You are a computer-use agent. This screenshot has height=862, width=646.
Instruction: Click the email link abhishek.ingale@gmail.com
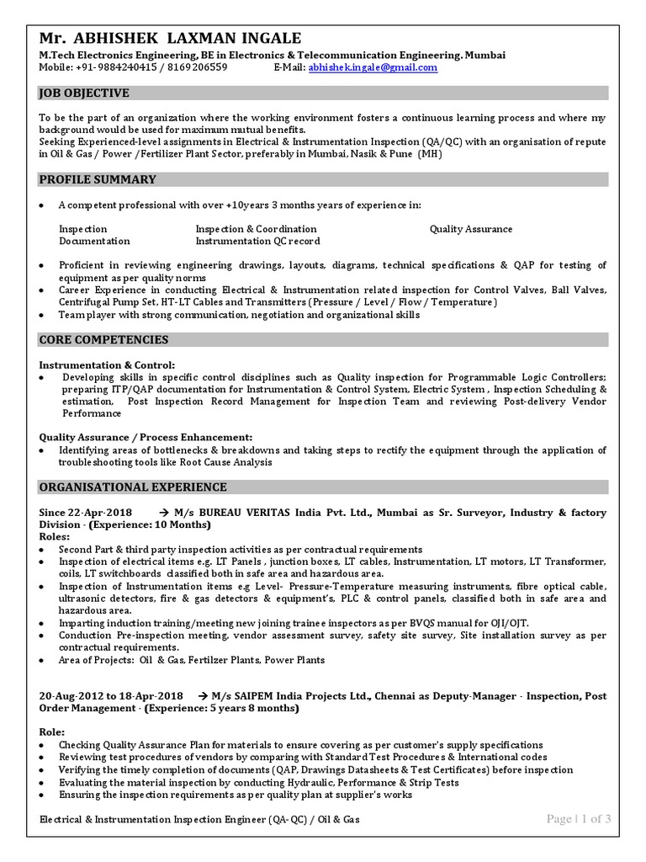click(x=373, y=67)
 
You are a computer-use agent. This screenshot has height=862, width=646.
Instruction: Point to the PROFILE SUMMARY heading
click(x=98, y=179)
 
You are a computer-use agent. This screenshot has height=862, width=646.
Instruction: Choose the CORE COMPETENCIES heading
click(x=104, y=340)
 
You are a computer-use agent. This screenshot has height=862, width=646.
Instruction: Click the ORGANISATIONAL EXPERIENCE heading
click(x=133, y=487)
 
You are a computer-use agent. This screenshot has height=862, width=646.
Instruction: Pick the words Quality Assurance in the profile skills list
click(x=470, y=229)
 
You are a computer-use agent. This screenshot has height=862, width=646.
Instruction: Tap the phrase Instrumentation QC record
click(x=257, y=241)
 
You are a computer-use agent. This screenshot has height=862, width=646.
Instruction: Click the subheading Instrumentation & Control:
click(x=108, y=365)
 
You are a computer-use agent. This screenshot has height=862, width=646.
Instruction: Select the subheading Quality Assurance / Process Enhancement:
click(x=146, y=438)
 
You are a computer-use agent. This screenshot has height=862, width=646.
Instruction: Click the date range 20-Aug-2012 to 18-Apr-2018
click(x=110, y=697)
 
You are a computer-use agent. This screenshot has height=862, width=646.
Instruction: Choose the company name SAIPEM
click(x=264, y=697)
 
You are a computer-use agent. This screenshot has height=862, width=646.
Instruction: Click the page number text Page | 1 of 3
click(x=579, y=819)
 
